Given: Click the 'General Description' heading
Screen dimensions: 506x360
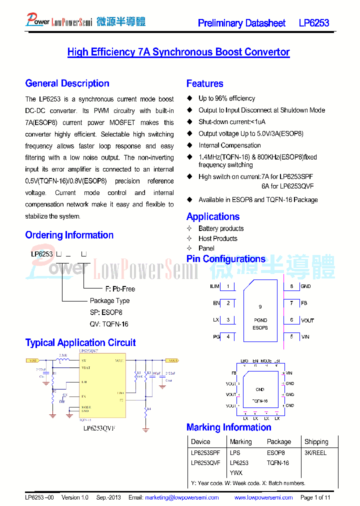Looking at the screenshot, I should (67, 83).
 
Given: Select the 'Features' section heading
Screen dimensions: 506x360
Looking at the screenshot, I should (204, 83).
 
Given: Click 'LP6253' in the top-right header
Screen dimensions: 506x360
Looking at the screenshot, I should (314, 23).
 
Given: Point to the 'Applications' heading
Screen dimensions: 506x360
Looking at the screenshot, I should (212, 216).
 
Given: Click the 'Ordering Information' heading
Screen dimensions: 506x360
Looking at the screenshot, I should (69, 235).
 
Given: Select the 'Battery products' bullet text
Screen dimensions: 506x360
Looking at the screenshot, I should (221, 228).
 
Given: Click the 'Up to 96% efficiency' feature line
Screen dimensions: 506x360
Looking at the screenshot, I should (226, 98).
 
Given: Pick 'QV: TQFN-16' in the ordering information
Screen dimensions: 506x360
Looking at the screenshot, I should (109, 324).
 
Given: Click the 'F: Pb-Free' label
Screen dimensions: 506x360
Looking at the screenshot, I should (120, 289).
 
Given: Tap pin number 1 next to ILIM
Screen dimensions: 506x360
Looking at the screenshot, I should (228, 286).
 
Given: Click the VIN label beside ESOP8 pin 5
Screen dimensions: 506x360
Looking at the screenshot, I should (305, 336).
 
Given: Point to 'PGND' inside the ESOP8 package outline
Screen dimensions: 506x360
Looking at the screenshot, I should (260, 320).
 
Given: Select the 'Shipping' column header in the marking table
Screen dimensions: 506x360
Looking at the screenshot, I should (316, 441).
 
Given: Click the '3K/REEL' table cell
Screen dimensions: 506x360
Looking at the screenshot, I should (315, 452).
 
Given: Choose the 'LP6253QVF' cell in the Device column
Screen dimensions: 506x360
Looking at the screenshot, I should (205, 462).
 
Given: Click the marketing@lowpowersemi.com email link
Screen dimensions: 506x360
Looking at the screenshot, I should (181, 497).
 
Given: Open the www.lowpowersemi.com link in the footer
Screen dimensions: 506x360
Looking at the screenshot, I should (263, 497).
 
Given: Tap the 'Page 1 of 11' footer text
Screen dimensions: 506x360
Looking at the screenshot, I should (315, 497).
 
